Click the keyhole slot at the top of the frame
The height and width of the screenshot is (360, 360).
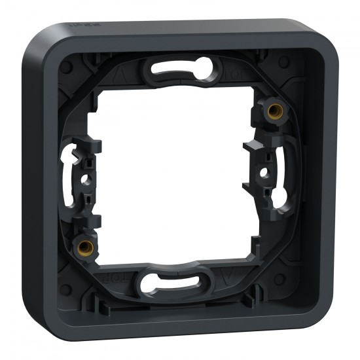click(x=185, y=68)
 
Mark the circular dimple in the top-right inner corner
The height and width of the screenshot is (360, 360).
click(x=283, y=62)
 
